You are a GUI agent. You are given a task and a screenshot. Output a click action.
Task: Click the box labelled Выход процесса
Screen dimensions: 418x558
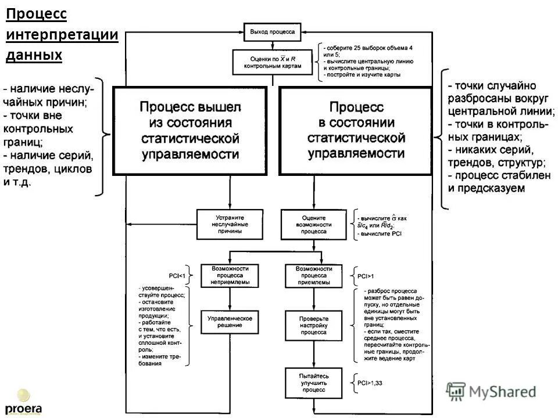[272, 32]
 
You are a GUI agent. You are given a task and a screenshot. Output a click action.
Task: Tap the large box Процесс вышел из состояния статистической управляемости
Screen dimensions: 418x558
[190, 131]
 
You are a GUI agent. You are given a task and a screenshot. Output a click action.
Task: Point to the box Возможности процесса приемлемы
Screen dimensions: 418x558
[314, 275]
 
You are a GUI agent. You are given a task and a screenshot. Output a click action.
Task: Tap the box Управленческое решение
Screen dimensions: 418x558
[230, 323]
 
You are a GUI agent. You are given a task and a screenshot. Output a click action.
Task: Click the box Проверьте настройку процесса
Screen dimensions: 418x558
[314, 326]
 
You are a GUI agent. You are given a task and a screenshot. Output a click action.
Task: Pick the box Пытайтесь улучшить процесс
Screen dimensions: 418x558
[314, 383]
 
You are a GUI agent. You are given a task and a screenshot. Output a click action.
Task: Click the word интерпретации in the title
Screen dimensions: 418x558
[62, 34]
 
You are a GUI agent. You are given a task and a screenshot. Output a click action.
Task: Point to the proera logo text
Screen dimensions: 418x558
[23, 408]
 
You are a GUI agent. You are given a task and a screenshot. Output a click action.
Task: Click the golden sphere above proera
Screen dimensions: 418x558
[23, 395]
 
